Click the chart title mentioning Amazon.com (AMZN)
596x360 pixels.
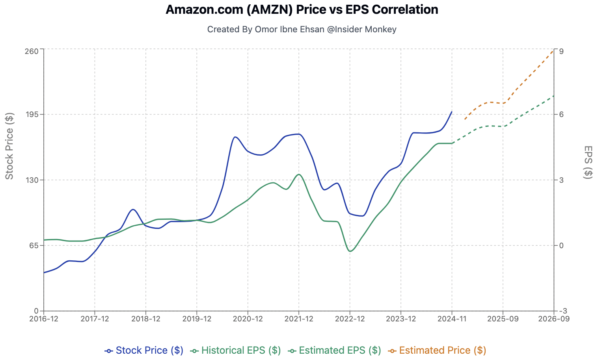point(302,9)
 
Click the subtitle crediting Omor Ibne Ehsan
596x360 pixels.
point(302,29)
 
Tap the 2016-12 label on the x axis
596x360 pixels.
point(44,319)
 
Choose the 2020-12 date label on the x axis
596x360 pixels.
point(248,319)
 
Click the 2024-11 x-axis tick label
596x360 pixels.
point(452,319)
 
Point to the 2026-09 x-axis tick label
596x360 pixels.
point(554,319)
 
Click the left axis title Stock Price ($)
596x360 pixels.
point(9,146)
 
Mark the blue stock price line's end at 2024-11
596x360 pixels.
point(452,112)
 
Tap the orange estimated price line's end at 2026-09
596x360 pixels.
point(553,50)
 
